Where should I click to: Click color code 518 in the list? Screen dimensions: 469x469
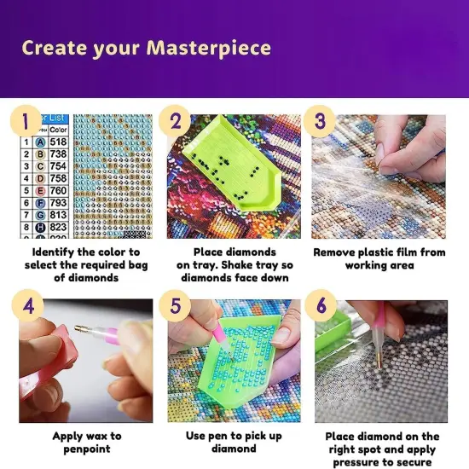tap(58, 143)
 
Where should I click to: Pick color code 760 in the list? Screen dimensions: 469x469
tap(58, 191)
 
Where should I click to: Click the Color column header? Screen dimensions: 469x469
tap(58, 130)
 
